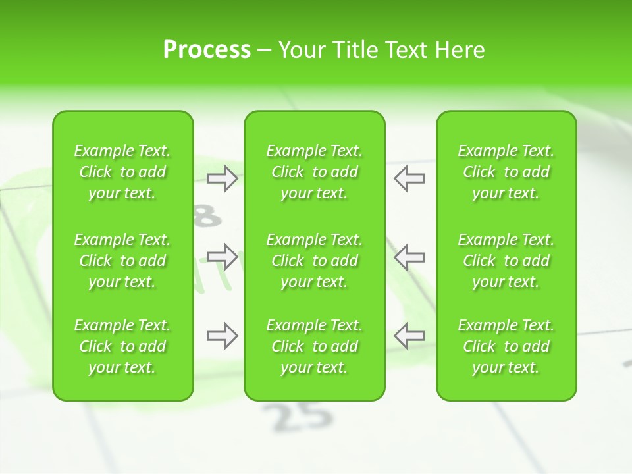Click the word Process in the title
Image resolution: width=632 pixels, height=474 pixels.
(x=207, y=50)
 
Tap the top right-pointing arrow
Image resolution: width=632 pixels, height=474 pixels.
(x=223, y=178)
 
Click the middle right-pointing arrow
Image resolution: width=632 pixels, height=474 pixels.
(x=223, y=256)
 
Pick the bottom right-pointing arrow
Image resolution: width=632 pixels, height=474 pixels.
(x=223, y=336)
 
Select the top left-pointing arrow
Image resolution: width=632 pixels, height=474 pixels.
(x=409, y=178)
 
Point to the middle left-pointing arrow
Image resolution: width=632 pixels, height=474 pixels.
(x=409, y=256)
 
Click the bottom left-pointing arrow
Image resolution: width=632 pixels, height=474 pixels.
(x=409, y=336)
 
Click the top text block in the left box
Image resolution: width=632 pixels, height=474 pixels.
(x=122, y=172)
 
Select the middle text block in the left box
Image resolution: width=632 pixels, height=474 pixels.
(x=122, y=261)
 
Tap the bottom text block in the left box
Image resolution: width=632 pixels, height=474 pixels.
(x=122, y=346)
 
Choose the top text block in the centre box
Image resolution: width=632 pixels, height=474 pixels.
(x=314, y=172)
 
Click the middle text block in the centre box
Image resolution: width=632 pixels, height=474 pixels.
(x=314, y=261)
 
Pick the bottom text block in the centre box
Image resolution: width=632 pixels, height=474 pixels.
(x=314, y=346)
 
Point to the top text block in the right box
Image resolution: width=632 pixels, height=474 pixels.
(x=506, y=172)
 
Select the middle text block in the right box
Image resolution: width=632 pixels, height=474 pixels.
(x=506, y=261)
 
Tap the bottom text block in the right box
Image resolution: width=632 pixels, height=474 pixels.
(x=506, y=346)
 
